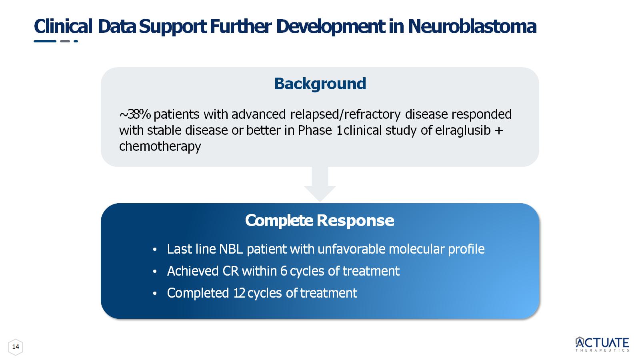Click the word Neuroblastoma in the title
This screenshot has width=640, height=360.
tap(472, 26)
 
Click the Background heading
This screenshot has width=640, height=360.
tap(320, 84)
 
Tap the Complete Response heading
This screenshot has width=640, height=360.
tap(320, 220)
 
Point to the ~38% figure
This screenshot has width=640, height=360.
tap(135, 114)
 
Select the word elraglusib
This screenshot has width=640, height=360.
tap(463, 130)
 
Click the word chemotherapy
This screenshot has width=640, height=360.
tap(160, 146)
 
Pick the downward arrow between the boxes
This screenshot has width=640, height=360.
tap(320, 184)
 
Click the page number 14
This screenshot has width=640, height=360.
tap(16, 347)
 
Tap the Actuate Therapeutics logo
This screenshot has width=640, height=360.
tap(602, 344)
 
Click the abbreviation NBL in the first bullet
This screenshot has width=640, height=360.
tap(231, 249)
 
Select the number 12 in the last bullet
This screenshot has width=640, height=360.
tap(240, 293)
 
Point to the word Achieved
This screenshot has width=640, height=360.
tap(193, 271)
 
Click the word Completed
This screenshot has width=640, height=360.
tap(198, 293)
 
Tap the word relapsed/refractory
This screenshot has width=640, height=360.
tap(346, 114)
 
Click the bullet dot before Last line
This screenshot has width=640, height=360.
tap(155, 250)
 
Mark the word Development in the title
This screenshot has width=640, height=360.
tap(330, 27)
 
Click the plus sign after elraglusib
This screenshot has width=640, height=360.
tap(499, 130)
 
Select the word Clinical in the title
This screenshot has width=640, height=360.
tap(63, 26)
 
